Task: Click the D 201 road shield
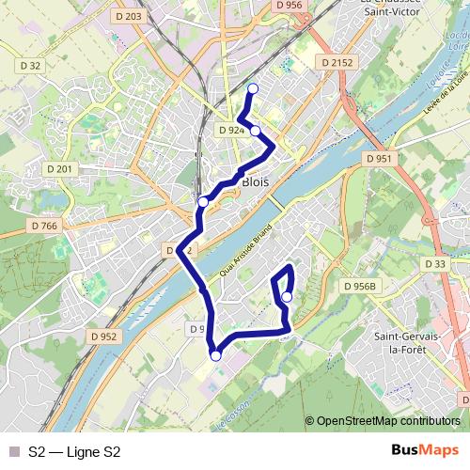[58, 168]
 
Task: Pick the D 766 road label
[44, 226]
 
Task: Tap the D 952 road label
[103, 336]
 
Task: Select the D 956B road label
[359, 286]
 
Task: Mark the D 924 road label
[230, 130]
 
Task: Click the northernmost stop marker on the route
[251, 89]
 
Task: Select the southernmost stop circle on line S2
[215, 355]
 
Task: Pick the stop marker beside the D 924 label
[255, 131]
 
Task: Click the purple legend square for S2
[13, 452]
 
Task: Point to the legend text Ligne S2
[75, 452]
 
